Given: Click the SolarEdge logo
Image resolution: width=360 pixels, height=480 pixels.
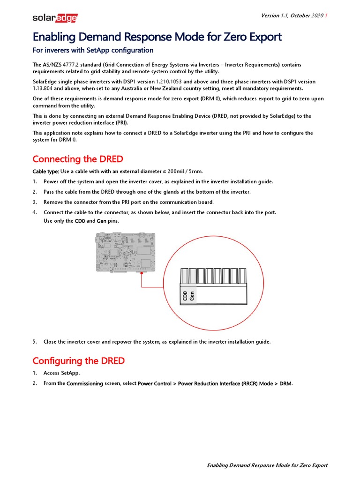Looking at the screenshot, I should (x=55, y=18).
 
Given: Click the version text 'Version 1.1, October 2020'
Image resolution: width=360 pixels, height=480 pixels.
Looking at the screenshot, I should (x=292, y=16).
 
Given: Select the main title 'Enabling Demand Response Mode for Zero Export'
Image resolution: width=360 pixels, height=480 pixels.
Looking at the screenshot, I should (x=157, y=37).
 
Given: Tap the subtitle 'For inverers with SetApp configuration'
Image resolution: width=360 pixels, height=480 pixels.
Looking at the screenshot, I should (x=93, y=50).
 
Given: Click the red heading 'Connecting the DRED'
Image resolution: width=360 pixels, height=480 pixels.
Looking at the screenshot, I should (x=78, y=159).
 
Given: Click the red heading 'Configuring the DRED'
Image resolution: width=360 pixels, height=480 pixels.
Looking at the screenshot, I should (x=79, y=360).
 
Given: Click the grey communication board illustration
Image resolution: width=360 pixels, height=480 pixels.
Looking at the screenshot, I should (x=125, y=253).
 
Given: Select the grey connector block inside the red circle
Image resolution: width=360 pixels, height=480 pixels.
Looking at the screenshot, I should (x=213, y=286).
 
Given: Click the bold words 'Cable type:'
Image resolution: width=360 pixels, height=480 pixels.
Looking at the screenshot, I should (x=45, y=171).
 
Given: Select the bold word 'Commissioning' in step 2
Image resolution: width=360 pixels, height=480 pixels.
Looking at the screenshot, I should (x=85, y=383).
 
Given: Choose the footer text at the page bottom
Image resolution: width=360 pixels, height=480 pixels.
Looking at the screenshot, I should (x=267, y=465).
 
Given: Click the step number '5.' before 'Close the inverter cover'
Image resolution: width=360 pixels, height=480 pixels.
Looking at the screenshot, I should (x=35, y=342).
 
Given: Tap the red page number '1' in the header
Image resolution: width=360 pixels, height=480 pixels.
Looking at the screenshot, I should (x=326, y=16).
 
